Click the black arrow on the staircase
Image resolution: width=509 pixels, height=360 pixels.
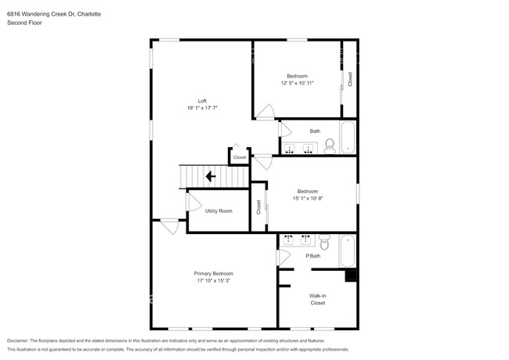click(211, 177)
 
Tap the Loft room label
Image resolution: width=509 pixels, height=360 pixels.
click(202, 100)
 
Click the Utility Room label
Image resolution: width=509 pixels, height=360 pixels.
click(218, 211)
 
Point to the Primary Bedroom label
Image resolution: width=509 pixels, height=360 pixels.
click(214, 273)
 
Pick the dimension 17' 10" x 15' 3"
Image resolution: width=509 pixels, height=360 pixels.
click(214, 280)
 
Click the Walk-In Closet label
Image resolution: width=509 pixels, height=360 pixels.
click(317, 299)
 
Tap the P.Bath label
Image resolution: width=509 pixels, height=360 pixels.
click(312, 256)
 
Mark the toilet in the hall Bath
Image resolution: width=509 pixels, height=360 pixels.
click(330, 144)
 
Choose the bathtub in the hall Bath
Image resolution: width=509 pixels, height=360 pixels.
click(348, 138)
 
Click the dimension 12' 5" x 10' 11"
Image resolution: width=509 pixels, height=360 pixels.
click(297, 83)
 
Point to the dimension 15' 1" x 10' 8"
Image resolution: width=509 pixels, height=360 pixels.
click(307, 198)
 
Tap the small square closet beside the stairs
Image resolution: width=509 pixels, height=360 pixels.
click(239, 157)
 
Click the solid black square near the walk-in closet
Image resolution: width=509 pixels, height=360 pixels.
click(352, 275)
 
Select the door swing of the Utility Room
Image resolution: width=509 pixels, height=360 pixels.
click(193, 203)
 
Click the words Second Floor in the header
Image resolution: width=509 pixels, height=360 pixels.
click(24, 23)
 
